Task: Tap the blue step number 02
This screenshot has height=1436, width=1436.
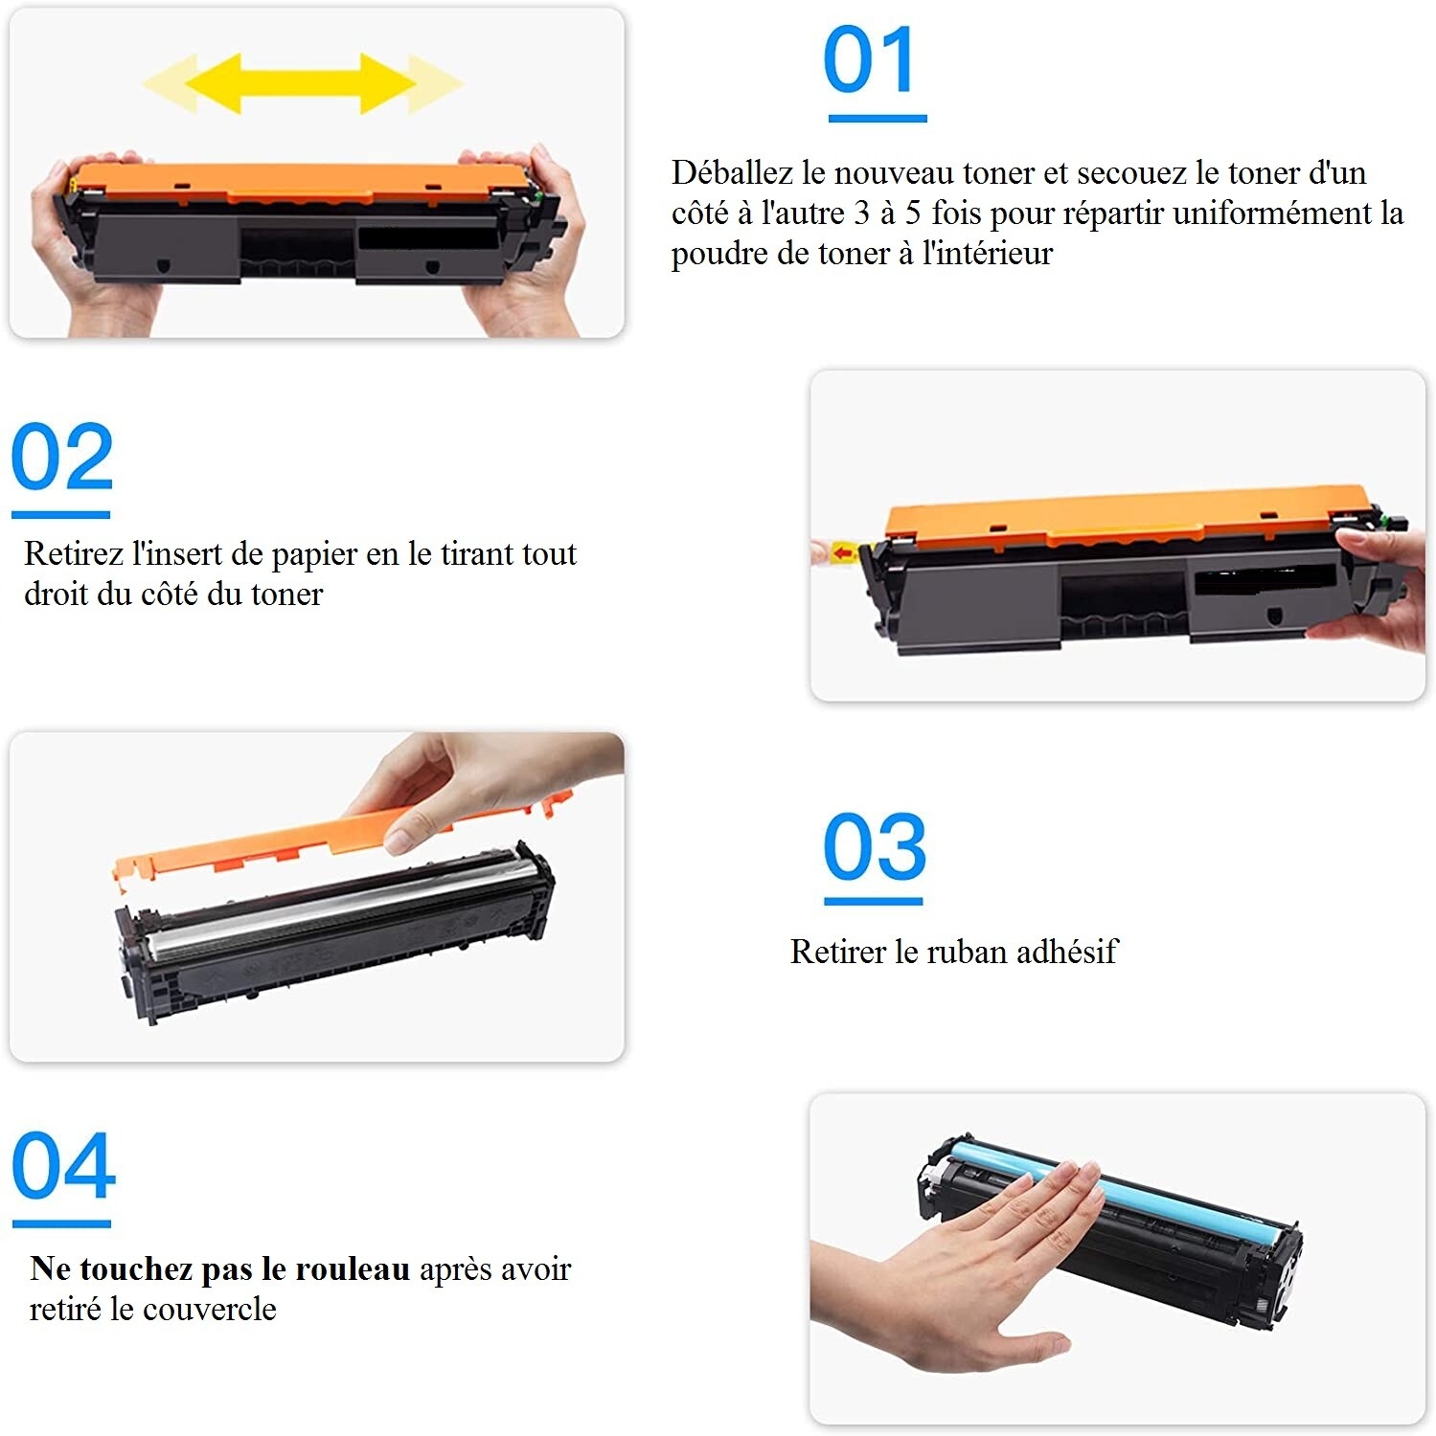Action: coord(62,456)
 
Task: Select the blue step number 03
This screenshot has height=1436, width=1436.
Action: coord(875,846)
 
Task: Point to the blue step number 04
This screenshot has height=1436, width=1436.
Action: coord(63,1165)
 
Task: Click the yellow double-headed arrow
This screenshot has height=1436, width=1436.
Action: coord(303,83)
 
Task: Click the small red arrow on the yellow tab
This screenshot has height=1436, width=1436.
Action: coord(843,552)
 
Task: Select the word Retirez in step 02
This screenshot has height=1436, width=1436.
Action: coord(74,553)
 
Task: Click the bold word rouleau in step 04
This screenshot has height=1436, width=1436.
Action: coord(353,1268)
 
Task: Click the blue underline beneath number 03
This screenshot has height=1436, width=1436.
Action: coord(874,901)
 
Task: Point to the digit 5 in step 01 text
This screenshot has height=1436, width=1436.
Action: coord(915,213)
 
